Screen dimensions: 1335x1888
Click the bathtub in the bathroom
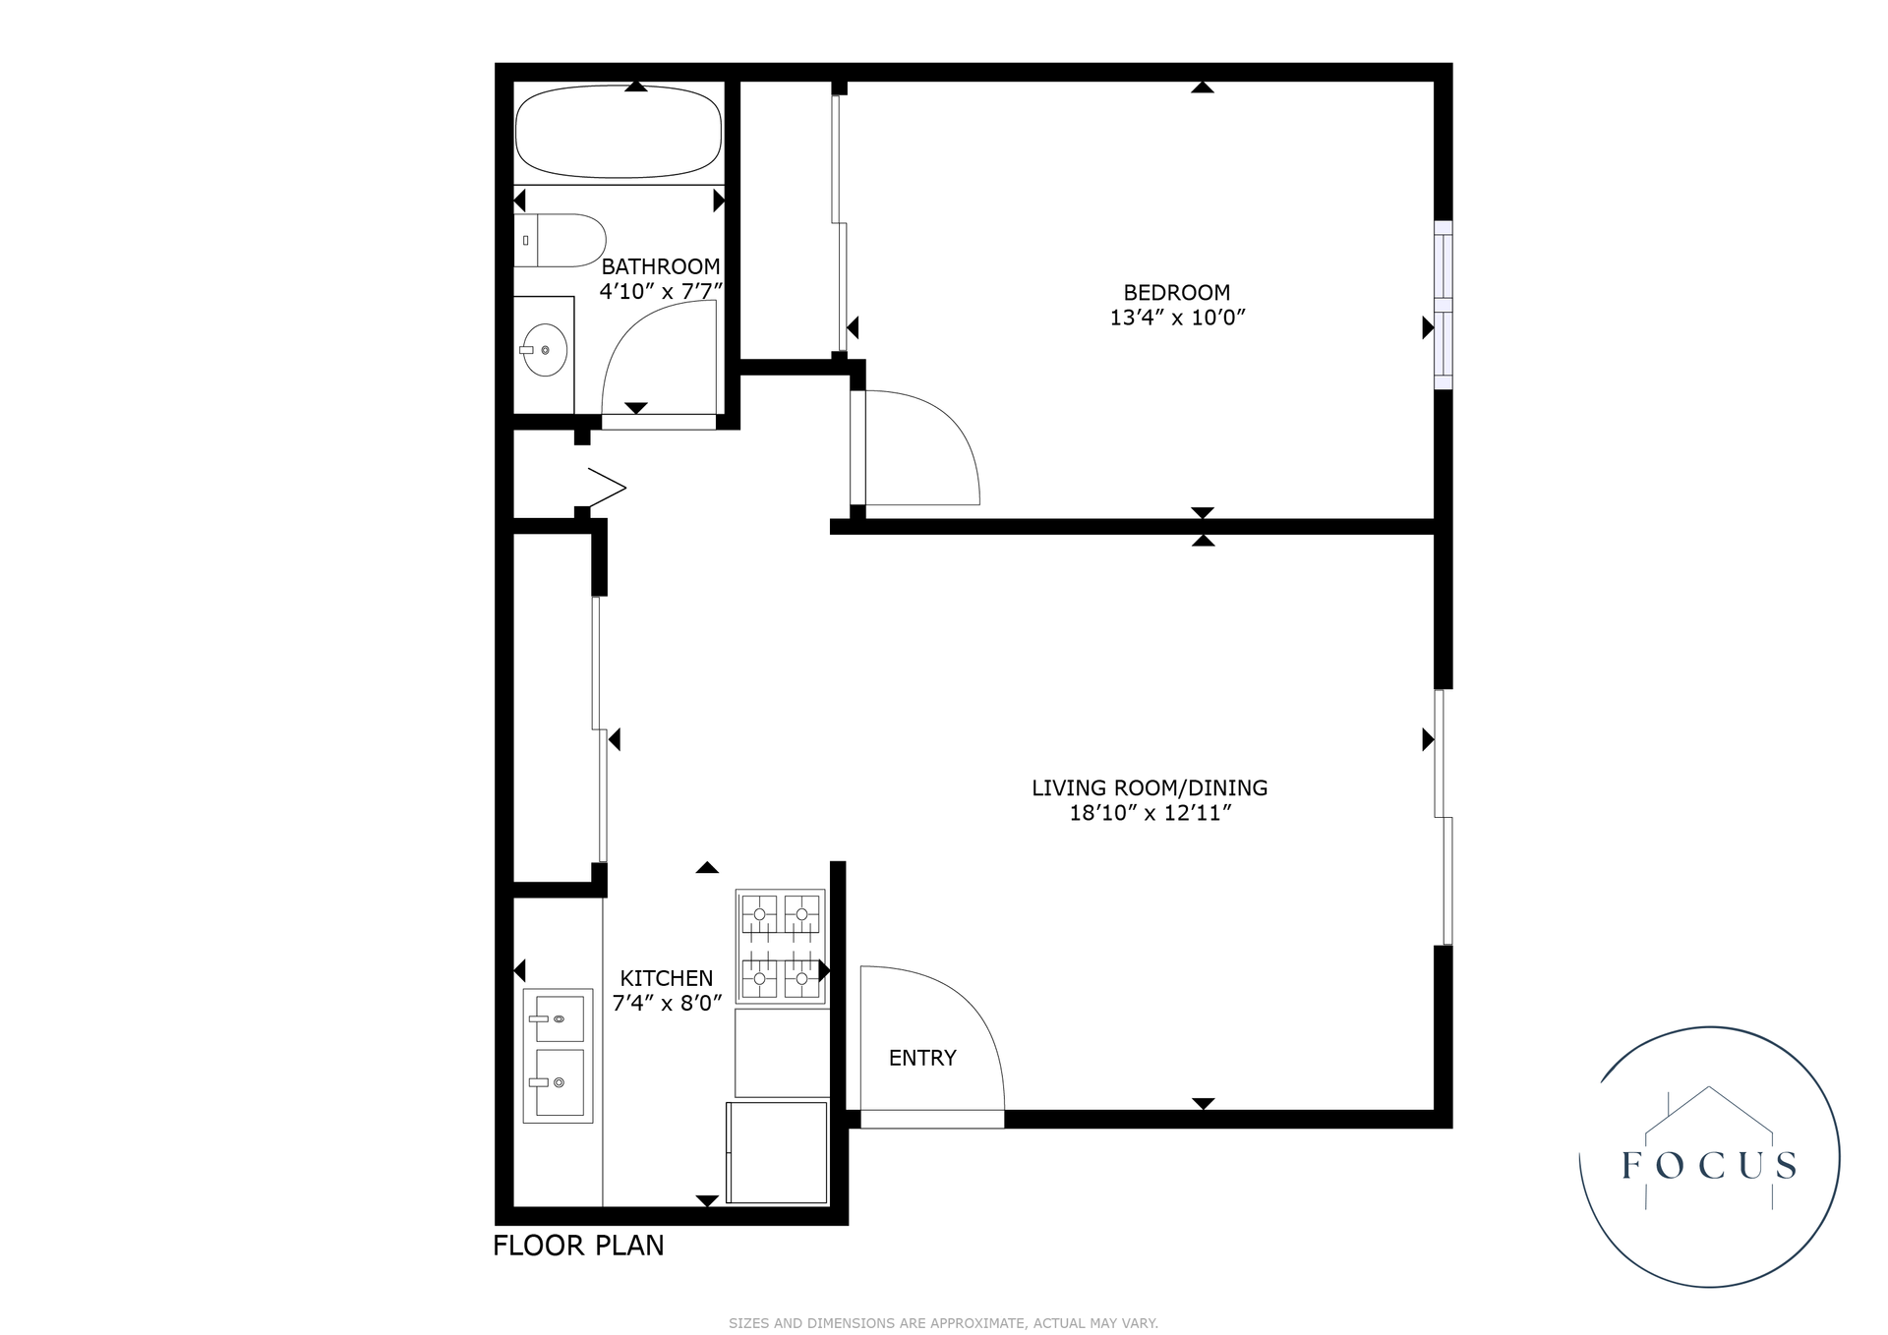point(619,132)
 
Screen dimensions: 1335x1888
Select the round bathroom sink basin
point(544,350)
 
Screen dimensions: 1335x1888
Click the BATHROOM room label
point(660,266)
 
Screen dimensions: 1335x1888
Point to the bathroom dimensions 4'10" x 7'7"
point(661,291)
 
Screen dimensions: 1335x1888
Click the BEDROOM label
point(1176,292)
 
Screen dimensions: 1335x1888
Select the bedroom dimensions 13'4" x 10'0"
point(1177,318)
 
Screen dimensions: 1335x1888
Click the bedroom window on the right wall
point(1443,305)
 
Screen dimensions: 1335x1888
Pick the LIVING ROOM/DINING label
point(1149,787)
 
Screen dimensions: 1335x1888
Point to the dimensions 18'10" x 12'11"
point(1150,813)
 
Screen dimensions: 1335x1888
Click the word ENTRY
point(921,1058)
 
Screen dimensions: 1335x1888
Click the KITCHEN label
point(666,978)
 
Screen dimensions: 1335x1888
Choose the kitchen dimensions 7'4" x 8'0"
point(667,1003)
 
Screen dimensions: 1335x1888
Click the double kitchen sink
point(558,1055)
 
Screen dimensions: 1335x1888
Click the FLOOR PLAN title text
point(578,1246)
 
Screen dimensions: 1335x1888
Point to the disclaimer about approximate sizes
point(943,1323)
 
